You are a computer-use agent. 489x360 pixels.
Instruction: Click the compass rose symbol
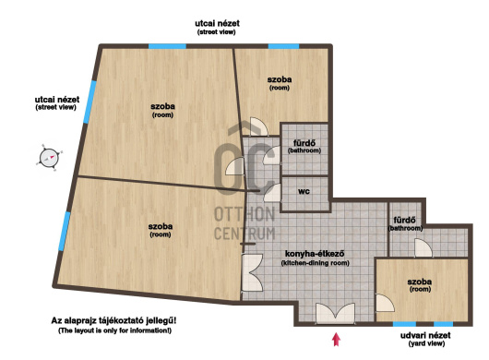(x=49, y=158)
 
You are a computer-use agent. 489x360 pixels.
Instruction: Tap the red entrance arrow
(x=336, y=340)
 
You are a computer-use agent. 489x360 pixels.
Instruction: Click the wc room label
(x=304, y=191)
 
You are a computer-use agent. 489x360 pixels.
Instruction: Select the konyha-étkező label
(x=315, y=254)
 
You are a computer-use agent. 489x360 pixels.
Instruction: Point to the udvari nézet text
(x=425, y=336)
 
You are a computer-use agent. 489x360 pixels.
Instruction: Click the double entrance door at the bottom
(x=335, y=314)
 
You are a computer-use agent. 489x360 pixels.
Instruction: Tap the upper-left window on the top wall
(x=167, y=46)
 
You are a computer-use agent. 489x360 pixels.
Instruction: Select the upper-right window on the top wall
(x=283, y=46)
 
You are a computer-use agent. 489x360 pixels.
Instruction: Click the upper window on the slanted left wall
(x=89, y=102)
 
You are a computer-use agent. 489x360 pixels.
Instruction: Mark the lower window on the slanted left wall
(x=65, y=231)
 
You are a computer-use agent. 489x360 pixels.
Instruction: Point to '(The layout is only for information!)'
(x=114, y=330)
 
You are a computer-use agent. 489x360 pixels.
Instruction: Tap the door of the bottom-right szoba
(x=385, y=303)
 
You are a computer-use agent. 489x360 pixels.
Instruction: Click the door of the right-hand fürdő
(x=423, y=248)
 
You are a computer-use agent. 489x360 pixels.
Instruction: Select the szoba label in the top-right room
(x=280, y=79)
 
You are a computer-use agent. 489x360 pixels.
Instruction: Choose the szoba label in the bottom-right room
(x=420, y=282)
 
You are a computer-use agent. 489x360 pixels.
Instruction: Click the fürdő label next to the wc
(x=304, y=143)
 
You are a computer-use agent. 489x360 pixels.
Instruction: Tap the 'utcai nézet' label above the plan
(x=217, y=23)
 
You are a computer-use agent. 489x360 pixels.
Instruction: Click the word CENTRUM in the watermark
(x=244, y=234)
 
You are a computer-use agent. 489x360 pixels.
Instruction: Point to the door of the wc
(x=272, y=193)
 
